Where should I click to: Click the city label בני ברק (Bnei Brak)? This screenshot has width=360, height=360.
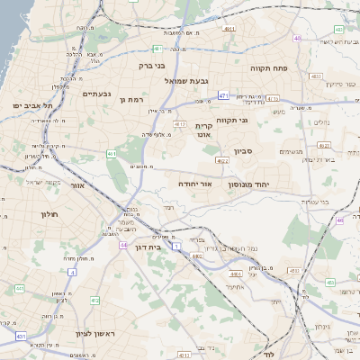[133, 65]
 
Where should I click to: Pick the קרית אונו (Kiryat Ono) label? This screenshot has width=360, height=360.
[204, 131]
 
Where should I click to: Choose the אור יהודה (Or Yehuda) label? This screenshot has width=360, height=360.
[194, 183]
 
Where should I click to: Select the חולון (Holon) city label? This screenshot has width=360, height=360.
[49, 213]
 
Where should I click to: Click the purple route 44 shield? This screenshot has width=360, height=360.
[122, 243]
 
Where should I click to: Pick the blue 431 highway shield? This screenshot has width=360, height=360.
[20, 336]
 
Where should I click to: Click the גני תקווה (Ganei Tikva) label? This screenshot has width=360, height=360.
[232, 120]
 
